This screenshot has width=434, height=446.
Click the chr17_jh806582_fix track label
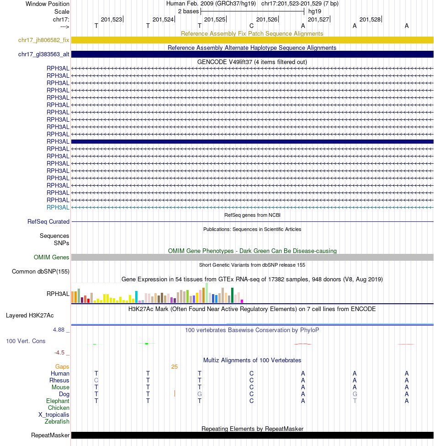(x=44, y=40)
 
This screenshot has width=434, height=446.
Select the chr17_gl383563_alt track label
(x=44, y=54)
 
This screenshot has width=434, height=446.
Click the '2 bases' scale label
(x=188, y=11)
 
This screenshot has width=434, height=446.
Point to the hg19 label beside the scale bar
(x=315, y=11)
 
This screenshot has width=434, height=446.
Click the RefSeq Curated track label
(x=48, y=222)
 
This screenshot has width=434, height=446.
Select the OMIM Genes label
(x=52, y=258)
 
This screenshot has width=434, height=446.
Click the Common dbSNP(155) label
(x=41, y=272)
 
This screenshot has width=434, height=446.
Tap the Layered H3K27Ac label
(x=30, y=316)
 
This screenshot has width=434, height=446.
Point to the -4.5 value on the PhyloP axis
(x=60, y=353)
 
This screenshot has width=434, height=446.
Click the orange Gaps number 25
(x=175, y=367)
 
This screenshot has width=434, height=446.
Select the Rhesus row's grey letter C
(x=96, y=381)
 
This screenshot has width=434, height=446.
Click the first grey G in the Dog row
(x=200, y=394)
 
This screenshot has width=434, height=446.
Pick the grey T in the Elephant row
(x=355, y=401)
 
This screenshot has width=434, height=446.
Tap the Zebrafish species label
(x=57, y=422)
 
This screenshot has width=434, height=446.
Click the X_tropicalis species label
(x=54, y=415)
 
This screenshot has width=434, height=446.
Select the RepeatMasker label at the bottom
(x=50, y=435)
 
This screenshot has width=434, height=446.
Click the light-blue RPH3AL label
(x=58, y=207)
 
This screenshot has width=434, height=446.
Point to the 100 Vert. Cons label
(x=26, y=341)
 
